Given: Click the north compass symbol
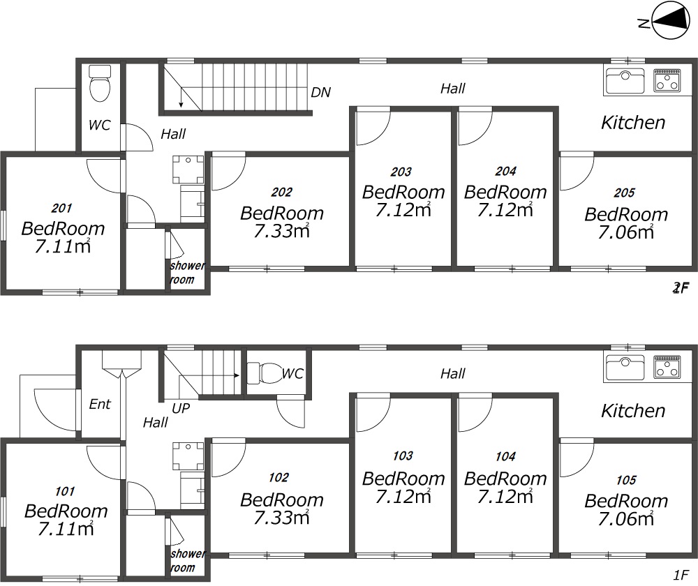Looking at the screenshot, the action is pyautogui.click(x=669, y=20).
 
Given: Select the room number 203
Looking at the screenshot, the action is pyautogui.click(x=401, y=172).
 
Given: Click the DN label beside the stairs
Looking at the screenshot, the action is pyautogui.click(x=320, y=92).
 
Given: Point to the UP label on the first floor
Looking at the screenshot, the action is pyautogui.click(x=181, y=408).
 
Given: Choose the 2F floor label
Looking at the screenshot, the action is pyautogui.click(x=681, y=288).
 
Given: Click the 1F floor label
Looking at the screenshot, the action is pyautogui.click(x=681, y=575).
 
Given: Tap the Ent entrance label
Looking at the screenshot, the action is pyautogui.click(x=100, y=404).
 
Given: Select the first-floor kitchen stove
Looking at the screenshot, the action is pyautogui.click(x=667, y=366).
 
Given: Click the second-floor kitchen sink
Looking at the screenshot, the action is pyautogui.click(x=625, y=81).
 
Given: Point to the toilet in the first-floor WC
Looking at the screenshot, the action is pyautogui.click(x=265, y=373).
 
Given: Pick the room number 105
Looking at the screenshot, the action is pyautogui.click(x=626, y=480).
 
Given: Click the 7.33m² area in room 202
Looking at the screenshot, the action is pyautogui.click(x=282, y=230).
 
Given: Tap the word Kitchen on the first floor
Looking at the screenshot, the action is pyautogui.click(x=633, y=411).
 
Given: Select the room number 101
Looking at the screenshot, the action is pyautogui.click(x=65, y=491).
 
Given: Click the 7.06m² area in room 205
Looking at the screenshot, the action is pyautogui.click(x=626, y=232).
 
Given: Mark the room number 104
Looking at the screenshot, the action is pyautogui.click(x=505, y=456).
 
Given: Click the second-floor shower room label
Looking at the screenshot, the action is pyautogui.click(x=187, y=272).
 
